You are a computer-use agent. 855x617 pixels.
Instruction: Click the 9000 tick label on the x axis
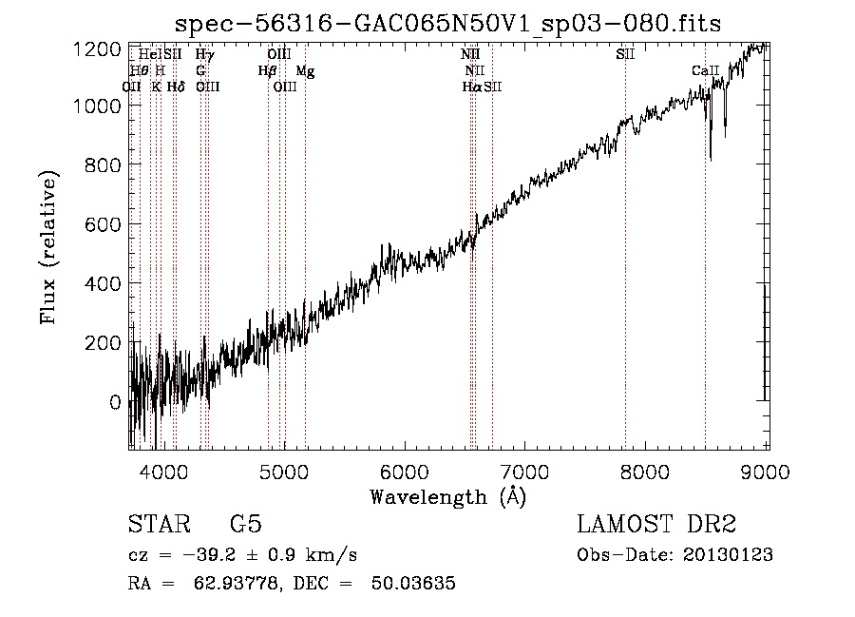click(767, 469)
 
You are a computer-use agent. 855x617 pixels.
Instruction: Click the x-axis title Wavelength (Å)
click(447, 496)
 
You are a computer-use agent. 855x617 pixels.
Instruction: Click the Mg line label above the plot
click(304, 71)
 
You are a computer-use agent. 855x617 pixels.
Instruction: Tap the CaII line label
click(705, 71)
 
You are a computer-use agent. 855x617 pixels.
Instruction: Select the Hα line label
click(471, 87)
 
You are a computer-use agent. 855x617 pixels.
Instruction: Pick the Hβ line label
click(267, 71)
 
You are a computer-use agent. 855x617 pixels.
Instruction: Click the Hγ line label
click(204, 55)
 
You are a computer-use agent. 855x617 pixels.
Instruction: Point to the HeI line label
click(149, 55)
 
